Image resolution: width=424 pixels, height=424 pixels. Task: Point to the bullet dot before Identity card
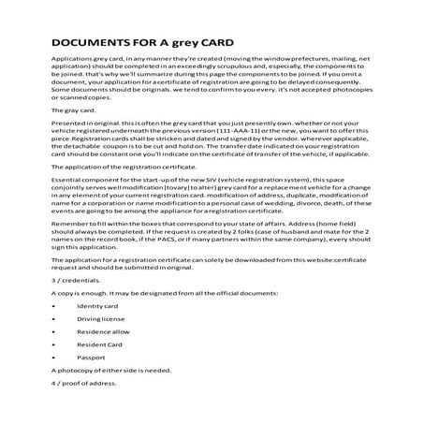pyautogui.click(x=53, y=305)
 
